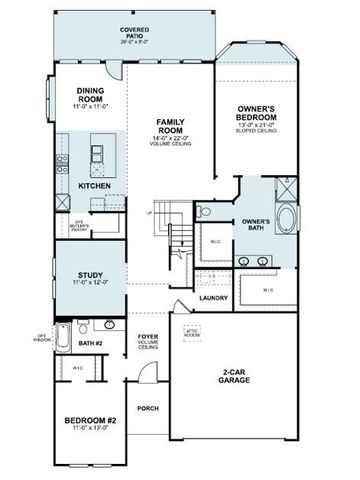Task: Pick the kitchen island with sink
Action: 98,156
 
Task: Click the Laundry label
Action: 214,298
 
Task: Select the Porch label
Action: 148,407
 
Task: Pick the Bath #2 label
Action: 92,343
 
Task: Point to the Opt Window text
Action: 41,337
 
